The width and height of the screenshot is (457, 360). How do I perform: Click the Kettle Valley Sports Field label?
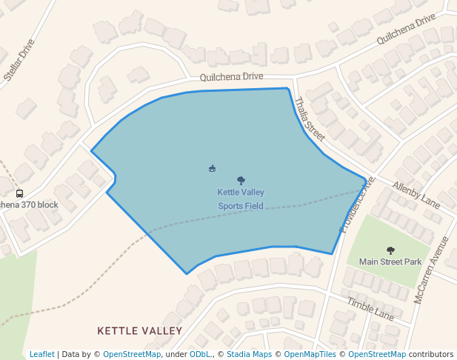click(240, 199)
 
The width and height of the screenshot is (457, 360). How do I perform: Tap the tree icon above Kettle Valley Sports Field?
click(241, 180)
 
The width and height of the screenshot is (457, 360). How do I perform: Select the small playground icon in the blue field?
click(213, 168)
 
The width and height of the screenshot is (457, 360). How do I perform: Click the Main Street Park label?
click(390, 261)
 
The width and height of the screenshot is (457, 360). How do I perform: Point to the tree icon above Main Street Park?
click(390, 250)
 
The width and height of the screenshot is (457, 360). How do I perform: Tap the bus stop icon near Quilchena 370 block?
click(19, 193)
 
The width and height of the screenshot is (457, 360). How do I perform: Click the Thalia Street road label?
click(310, 119)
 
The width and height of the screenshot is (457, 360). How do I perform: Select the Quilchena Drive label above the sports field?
click(231, 76)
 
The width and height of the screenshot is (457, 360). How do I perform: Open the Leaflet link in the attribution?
click(41, 354)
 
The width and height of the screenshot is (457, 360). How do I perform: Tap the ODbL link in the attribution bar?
click(199, 354)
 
